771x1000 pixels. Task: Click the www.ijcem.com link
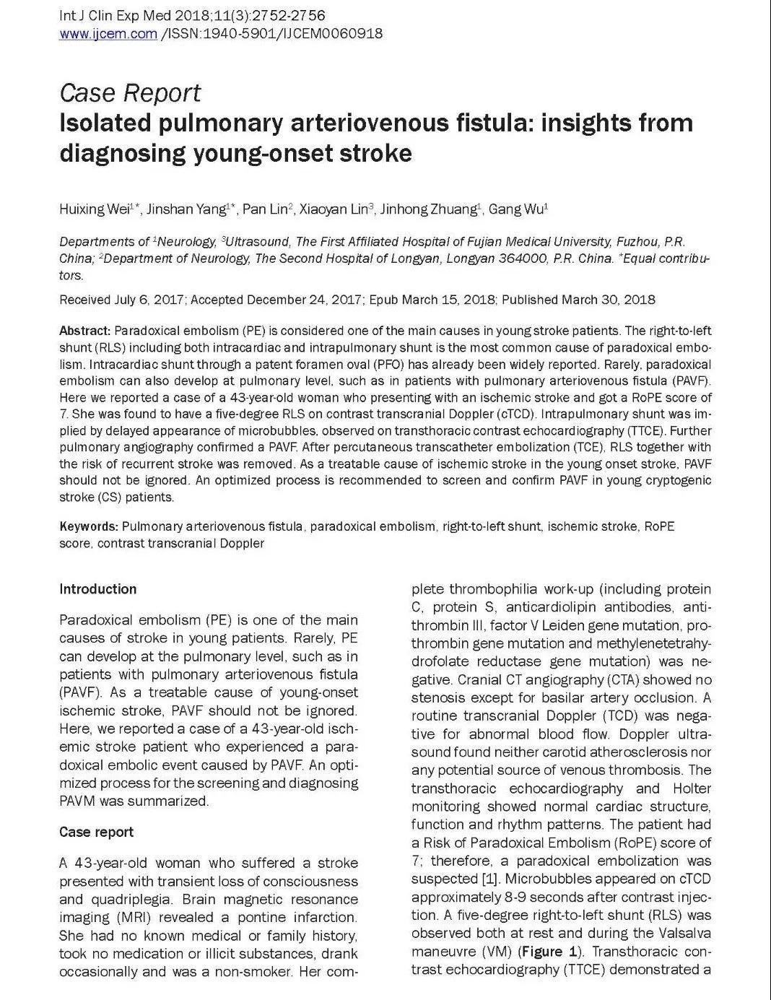coord(108,33)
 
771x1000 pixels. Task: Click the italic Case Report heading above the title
coord(130,92)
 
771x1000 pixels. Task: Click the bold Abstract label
coord(84,331)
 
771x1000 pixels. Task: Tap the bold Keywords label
coord(88,526)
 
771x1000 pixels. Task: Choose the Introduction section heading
coord(97,589)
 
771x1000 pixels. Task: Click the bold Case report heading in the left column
coord(96,832)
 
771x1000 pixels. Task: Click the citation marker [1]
coord(489,879)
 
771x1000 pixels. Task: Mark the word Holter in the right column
coord(692,788)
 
